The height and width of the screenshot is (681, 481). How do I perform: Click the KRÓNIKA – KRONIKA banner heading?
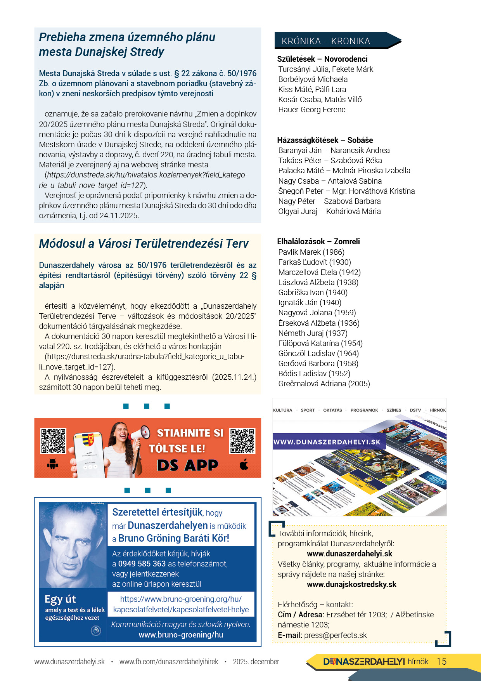tap(326, 41)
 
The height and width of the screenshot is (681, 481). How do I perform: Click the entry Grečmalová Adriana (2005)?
tap(324, 384)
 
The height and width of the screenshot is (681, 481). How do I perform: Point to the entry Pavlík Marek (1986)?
tap(311, 252)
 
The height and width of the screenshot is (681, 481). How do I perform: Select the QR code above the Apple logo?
tap(242, 441)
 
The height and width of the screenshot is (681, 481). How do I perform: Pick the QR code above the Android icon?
tap(53, 441)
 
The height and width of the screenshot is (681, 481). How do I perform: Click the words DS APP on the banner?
tap(187, 465)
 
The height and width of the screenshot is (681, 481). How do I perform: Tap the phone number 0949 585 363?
tap(142, 564)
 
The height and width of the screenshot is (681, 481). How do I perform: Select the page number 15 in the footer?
tap(441, 662)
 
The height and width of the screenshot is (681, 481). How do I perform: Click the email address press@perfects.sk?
tap(336, 635)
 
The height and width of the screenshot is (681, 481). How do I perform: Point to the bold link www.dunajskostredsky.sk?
tap(351, 585)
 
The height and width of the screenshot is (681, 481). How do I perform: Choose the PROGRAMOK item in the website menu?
tap(364, 410)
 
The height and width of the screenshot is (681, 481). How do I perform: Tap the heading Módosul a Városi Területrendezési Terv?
tap(144, 244)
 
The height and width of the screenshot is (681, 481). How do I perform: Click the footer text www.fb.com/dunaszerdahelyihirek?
tap(169, 662)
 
